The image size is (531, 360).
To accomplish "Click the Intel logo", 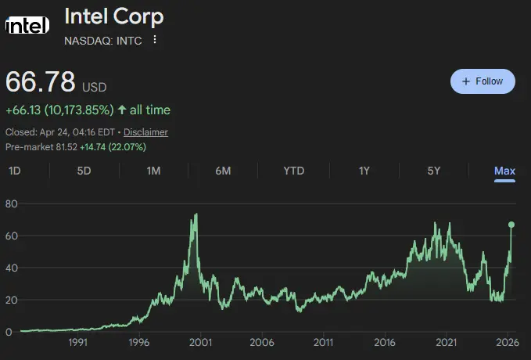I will click(28, 27).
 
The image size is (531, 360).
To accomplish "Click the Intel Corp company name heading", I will click(114, 16).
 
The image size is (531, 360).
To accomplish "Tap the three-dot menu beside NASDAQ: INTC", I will click(155, 40).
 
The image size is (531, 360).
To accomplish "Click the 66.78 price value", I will click(41, 81).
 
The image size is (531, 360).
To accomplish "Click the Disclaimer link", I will click(145, 132).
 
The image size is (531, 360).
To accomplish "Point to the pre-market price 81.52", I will click(65, 146).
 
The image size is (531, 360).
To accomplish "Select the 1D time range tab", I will click(15, 171).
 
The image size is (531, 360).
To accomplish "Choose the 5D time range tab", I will click(84, 171).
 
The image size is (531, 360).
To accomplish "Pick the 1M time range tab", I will click(153, 171).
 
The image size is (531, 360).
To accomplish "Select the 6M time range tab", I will click(223, 171).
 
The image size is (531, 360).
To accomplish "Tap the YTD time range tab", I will click(293, 171).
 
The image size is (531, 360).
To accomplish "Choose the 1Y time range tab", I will click(364, 171).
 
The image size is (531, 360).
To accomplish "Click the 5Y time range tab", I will click(433, 171).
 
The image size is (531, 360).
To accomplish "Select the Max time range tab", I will click(504, 171).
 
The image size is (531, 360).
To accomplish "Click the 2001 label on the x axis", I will click(201, 342).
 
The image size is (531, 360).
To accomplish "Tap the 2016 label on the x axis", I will click(385, 342).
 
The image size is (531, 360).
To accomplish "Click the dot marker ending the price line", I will click(511, 225).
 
